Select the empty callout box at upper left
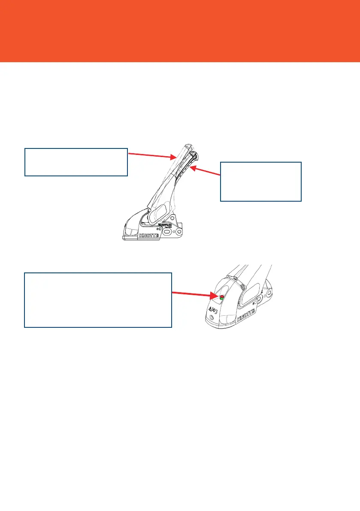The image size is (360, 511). click(76, 162)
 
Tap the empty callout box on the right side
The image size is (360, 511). click(260, 181)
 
